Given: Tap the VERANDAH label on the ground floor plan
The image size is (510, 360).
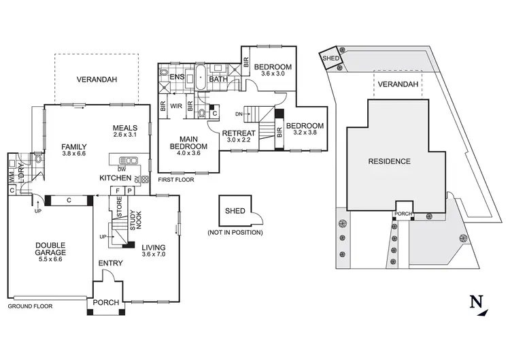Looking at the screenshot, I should [x=96, y=80].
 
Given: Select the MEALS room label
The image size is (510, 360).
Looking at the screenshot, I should [x=126, y=127].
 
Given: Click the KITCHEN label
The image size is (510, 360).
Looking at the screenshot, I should [x=115, y=178].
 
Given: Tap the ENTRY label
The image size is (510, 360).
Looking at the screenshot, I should [x=110, y=263].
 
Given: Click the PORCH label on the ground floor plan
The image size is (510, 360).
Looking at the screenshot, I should [x=106, y=302].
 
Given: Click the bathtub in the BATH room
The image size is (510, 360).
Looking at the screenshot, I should [x=201, y=79].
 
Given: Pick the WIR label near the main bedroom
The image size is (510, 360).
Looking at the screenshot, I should [x=175, y=106].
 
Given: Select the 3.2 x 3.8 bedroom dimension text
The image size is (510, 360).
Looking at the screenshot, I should [x=303, y=133].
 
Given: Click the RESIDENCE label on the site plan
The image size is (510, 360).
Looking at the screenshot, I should [x=389, y=161].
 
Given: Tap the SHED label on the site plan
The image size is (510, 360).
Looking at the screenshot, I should [x=330, y=59].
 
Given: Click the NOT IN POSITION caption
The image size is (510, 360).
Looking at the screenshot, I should [x=235, y=233].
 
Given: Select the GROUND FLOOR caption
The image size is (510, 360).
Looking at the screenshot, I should [x=30, y=306].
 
